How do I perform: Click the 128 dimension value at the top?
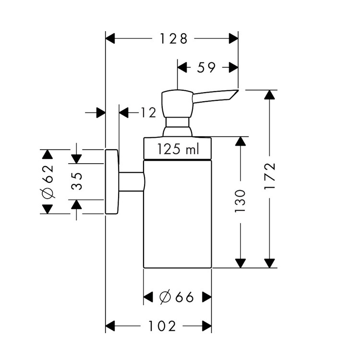(x=174, y=38)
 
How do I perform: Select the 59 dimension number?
(x=206, y=68)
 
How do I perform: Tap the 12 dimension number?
(x=148, y=113)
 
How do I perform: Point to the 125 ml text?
(x=178, y=149)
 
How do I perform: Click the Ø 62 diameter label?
(x=48, y=181)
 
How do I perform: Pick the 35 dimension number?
(x=77, y=181)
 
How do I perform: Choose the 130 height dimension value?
(x=240, y=201)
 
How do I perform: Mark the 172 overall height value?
(x=270, y=176)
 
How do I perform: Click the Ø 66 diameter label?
(x=176, y=297)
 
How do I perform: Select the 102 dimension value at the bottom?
(x=162, y=326)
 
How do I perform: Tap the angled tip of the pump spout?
(x=238, y=90)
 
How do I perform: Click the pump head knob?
(x=178, y=104)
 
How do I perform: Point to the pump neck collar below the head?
(x=178, y=127)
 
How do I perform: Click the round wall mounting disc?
(x=112, y=182)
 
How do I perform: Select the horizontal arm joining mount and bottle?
(x=132, y=181)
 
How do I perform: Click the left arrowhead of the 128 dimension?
(x=110, y=38)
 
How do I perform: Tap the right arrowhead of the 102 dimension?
(x=207, y=326)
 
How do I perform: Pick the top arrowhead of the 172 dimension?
(x=270, y=95)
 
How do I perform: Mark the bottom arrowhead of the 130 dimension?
(x=240, y=263)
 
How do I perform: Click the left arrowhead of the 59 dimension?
(x=182, y=68)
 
